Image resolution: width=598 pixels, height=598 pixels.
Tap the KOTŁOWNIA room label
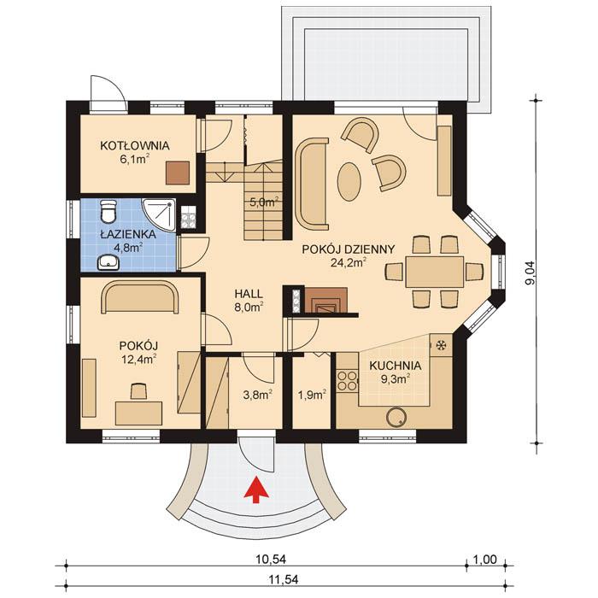(x=134, y=145)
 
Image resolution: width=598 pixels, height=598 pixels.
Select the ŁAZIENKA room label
(x=120, y=233)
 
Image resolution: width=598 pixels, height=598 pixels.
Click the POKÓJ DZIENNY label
(x=349, y=249)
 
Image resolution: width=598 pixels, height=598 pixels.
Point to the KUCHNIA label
(x=394, y=365)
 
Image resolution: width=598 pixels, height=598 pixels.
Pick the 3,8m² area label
(x=257, y=395)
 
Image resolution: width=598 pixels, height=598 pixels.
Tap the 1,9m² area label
(x=311, y=395)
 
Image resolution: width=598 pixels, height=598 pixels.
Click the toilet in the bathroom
(x=107, y=210)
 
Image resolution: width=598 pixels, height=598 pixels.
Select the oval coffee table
(x=349, y=180)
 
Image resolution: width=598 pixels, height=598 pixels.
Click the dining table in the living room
(x=433, y=272)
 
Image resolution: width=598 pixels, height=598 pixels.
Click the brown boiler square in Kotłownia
(x=179, y=173)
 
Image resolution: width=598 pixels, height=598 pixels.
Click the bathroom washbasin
(x=108, y=261)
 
